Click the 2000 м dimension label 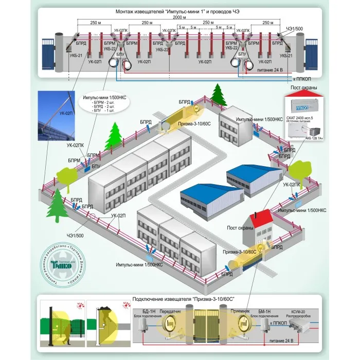179,17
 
